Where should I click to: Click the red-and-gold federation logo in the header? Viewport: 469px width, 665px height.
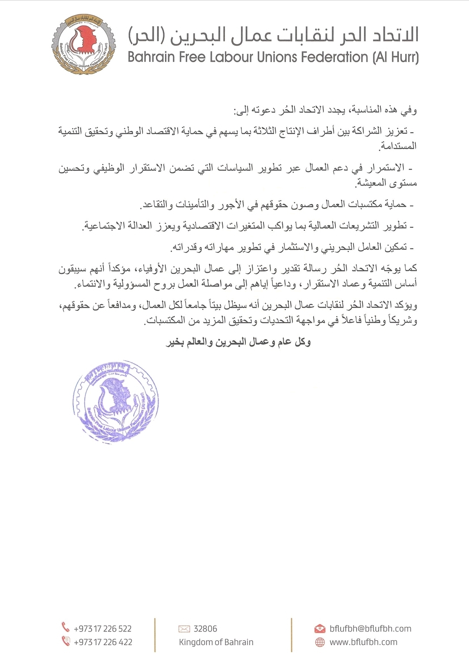click(83, 44)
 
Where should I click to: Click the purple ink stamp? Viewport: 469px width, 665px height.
click(116, 402)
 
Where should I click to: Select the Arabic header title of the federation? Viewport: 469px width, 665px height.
click(273, 35)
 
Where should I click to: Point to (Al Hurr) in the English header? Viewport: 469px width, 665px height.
click(395, 57)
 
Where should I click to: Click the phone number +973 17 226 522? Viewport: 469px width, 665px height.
click(102, 628)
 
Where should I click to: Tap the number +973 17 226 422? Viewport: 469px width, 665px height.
click(103, 642)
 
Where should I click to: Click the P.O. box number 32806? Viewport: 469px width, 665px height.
click(205, 628)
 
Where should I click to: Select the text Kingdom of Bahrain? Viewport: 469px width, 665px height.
click(216, 642)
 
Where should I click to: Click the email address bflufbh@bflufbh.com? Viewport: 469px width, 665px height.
click(370, 628)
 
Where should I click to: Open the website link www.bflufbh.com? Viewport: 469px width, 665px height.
click(363, 642)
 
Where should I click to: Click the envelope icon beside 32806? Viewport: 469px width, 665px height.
click(184, 628)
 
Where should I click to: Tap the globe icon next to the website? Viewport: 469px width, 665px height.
click(320, 642)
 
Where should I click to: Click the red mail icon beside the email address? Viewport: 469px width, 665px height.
click(320, 628)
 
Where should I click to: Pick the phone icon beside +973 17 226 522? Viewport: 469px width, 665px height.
click(66, 627)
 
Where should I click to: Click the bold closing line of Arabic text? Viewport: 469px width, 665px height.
click(238, 342)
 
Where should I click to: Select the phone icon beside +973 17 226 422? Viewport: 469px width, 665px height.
click(66, 641)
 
